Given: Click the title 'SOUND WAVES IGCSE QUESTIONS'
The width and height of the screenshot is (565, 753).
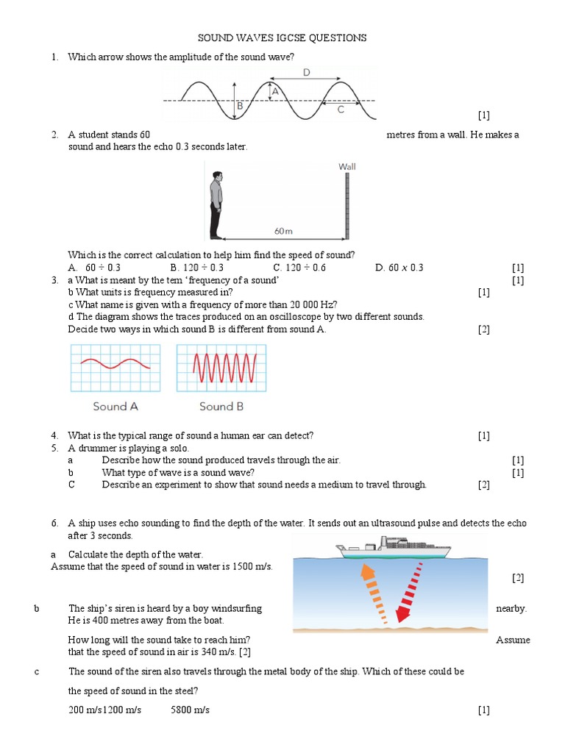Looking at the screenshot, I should click(282, 38).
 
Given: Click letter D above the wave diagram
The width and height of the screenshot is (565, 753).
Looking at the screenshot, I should click(306, 72).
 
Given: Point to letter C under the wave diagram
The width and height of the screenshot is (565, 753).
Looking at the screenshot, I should click(340, 110).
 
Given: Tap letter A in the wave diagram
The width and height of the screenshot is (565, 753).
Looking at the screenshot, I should click(276, 91).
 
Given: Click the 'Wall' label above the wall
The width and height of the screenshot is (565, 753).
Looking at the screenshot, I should click(347, 167).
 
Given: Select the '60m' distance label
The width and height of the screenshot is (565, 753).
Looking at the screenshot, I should click(283, 231).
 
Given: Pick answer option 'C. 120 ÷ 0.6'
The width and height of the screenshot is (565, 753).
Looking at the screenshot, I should click(299, 268).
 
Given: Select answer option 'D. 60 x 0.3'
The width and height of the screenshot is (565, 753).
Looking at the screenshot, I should click(399, 268).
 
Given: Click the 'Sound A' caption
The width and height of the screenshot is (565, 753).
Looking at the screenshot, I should click(116, 406).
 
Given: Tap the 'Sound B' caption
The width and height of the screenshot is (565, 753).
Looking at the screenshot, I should click(221, 406).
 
